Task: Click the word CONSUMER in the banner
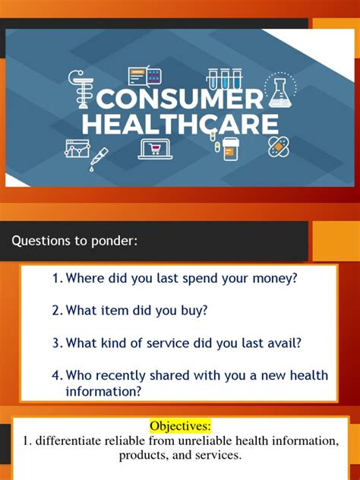[x=180, y=99]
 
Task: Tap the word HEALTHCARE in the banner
[x=181, y=124]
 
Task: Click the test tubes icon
[x=224, y=79]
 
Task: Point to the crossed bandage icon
[x=278, y=147]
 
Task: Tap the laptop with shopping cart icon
[x=155, y=150]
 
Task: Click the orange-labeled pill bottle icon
[x=231, y=149]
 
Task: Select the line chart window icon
[x=77, y=148]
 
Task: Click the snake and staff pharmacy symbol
[x=81, y=89]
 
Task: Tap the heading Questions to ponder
[x=74, y=241]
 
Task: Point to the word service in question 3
[x=168, y=343]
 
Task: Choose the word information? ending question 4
[x=103, y=391]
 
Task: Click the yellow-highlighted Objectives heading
[x=180, y=426]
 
